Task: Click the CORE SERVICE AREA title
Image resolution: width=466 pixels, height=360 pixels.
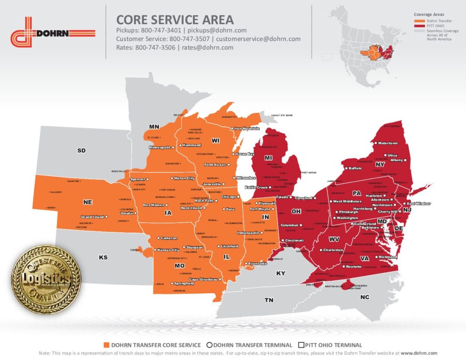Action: click(175, 20)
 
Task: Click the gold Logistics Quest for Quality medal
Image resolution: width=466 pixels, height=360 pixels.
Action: click(46, 273)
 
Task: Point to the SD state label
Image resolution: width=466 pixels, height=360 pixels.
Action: click(81, 150)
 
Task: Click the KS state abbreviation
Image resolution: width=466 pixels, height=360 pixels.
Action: click(103, 258)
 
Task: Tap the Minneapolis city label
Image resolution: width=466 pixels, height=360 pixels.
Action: click(159, 147)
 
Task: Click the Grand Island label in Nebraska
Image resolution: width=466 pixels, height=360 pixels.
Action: click(92, 217)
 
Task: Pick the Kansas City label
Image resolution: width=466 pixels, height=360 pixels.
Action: click(168, 250)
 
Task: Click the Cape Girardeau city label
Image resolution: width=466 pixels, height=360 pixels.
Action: click(203, 279)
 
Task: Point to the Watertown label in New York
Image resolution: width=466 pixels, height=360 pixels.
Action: click(388, 143)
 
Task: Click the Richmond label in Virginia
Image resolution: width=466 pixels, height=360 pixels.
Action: click(388, 257)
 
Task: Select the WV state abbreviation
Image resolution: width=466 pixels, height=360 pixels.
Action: click(334, 239)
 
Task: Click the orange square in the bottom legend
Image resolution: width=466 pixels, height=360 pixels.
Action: click(107, 345)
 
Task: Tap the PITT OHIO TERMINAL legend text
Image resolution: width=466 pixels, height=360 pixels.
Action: click(334, 345)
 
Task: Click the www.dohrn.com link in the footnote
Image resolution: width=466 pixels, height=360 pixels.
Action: click(419, 353)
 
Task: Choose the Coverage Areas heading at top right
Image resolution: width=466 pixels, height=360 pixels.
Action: click(429, 15)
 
